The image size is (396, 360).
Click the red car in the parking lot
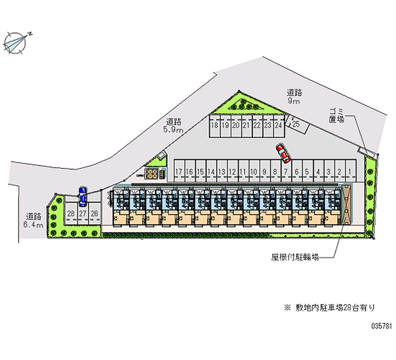point(283,153)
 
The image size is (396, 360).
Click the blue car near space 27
point(82,197)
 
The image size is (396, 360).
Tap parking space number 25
point(296,124)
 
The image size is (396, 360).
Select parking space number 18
point(214,125)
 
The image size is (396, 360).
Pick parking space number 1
point(350,172)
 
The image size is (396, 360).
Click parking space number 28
point(71,213)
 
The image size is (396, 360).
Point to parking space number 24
point(279,125)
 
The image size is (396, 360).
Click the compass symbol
point(16,41)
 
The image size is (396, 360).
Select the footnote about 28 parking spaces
point(329,308)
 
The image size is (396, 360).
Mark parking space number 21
point(247,125)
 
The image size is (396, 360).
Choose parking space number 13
point(221,172)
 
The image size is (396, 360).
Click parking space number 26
point(94,213)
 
